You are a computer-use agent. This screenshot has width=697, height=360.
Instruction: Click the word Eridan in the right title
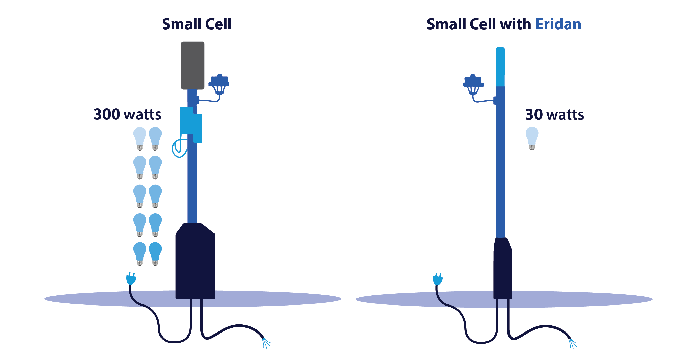coord(558,24)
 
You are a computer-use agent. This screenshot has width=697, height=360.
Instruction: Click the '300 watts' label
coord(127,114)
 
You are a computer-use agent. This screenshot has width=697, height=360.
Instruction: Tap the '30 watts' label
coord(554,115)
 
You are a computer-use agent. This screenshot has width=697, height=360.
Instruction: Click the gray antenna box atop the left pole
coord(193,65)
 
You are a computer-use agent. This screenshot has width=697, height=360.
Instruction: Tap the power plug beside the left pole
coord(131,279)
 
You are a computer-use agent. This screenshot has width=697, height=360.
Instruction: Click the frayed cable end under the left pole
coord(266,343)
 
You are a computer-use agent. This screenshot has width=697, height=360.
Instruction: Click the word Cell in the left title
coord(218,24)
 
